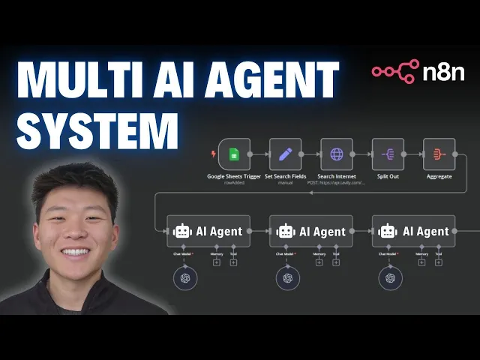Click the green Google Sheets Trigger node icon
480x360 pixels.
click(233, 154)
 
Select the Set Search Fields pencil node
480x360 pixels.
click(285, 154)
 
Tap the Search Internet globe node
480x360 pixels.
click(337, 154)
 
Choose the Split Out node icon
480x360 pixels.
click(388, 154)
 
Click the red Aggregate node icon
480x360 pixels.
click(438, 154)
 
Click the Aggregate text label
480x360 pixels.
click(438, 177)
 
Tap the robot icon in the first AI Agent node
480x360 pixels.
click(182, 232)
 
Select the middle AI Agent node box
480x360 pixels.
click(311, 232)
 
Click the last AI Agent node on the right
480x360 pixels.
click(414, 232)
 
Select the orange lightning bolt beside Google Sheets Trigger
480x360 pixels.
click(213, 154)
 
